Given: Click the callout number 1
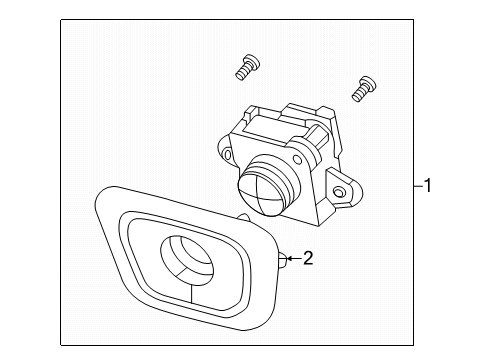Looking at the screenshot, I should tap(429, 186).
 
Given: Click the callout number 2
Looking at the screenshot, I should tap(307, 259).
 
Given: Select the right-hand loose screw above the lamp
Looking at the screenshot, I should tap(362, 89).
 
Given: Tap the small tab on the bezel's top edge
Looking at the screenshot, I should tap(241, 218).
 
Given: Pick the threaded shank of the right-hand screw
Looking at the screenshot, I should tap(358, 94).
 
